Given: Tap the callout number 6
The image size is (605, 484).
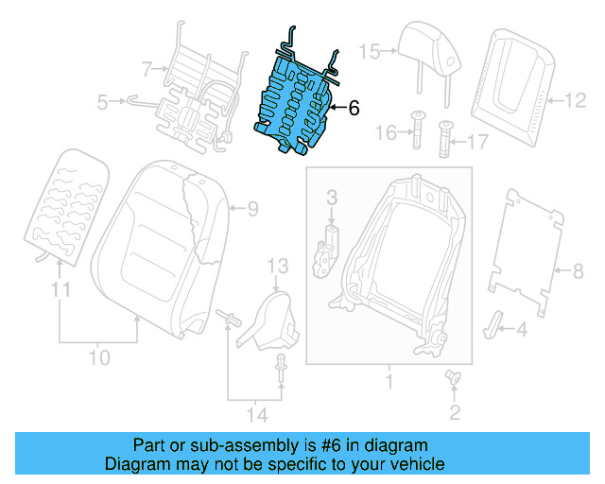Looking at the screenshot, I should pyautogui.click(x=354, y=109).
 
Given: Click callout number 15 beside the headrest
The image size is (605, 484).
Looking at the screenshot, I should pyautogui.click(x=368, y=51).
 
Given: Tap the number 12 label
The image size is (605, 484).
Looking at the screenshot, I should pyautogui.click(x=576, y=97).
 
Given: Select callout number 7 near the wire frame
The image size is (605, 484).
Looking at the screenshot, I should pyautogui.click(x=146, y=68).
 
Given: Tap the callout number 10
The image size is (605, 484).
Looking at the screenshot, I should pyautogui.click(x=99, y=358).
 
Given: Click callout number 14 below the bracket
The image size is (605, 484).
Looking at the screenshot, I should pyautogui.click(x=255, y=414).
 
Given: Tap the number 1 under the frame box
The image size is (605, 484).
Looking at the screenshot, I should pyautogui.click(x=388, y=383).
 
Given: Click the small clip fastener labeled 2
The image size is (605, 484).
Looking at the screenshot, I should pyautogui.click(x=452, y=378).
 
